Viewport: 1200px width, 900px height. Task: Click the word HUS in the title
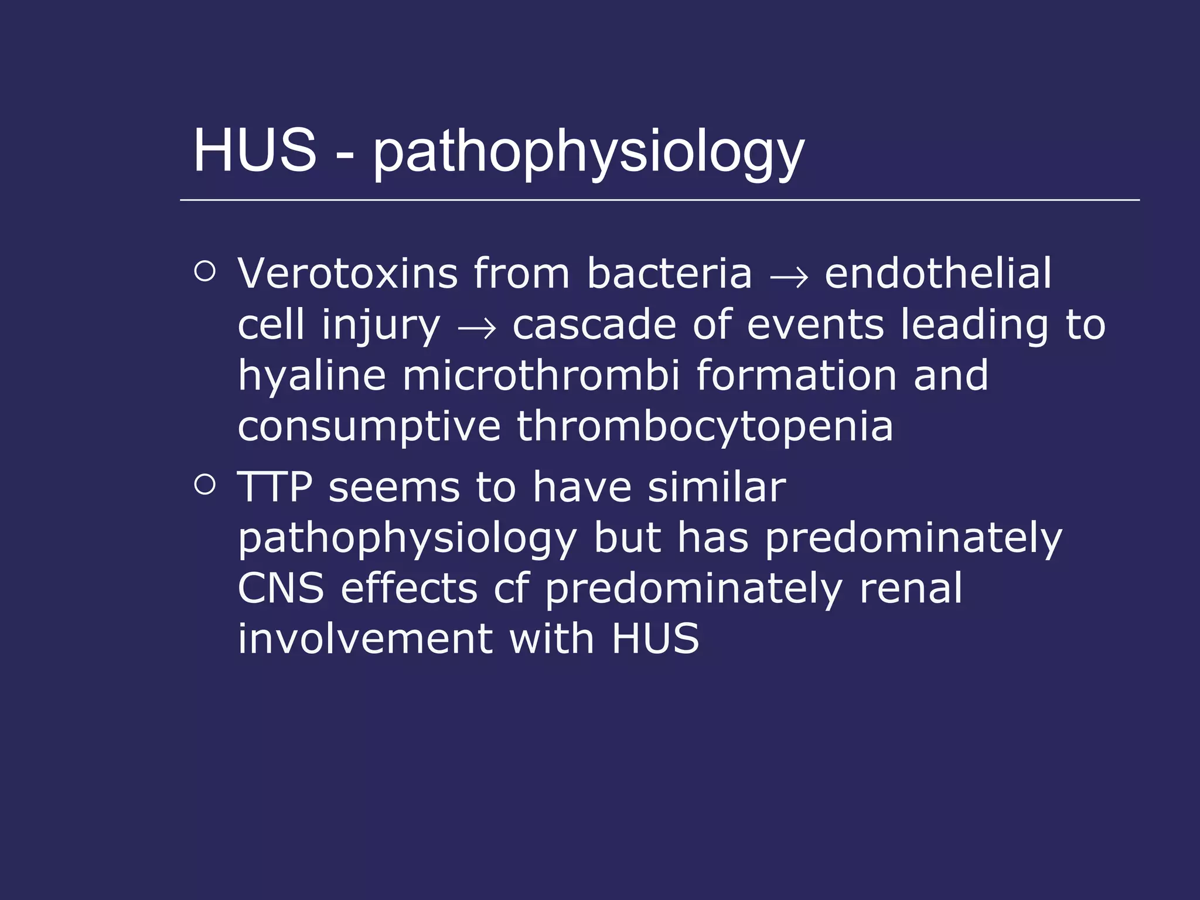[x=255, y=151]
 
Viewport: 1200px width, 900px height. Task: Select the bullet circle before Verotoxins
[x=204, y=271]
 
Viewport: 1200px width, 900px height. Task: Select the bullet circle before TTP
[x=204, y=485]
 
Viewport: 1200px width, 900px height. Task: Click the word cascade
[x=594, y=325]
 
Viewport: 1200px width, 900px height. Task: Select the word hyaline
[x=312, y=376]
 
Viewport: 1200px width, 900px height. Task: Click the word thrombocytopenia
[x=705, y=427]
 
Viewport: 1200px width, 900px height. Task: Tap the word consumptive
[x=369, y=427]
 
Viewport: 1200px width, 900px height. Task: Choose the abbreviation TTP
[x=275, y=487]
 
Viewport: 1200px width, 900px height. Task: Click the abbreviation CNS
[x=281, y=588]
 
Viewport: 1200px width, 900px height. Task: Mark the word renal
[x=911, y=588]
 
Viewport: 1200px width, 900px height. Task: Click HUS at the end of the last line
[x=655, y=639]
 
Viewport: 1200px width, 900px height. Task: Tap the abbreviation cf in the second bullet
[x=512, y=588]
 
